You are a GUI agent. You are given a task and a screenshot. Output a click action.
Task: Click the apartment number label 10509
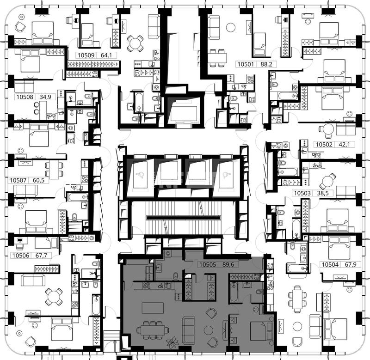(86, 55)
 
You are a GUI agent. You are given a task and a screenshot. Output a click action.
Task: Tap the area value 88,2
(266, 64)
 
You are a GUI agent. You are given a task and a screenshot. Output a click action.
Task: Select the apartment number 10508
(25, 97)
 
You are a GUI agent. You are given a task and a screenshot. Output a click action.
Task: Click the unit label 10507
(18, 180)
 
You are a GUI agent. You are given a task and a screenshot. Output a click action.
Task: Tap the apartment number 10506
(21, 256)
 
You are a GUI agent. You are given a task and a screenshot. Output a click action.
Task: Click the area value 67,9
(351, 264)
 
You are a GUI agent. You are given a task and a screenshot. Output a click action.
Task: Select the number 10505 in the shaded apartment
(208, 264)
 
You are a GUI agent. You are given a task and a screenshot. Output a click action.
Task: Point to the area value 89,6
(228, 264)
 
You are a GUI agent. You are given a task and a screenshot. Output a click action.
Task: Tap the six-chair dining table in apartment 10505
(153, 329)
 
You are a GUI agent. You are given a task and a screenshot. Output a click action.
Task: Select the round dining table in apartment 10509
(135, 43)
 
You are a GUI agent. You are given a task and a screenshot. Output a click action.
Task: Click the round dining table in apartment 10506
(54, 297)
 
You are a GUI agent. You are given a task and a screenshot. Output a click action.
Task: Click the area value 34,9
(45, 97)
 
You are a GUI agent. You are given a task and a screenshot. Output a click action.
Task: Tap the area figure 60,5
(39, 180)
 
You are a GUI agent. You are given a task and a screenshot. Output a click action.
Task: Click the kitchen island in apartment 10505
(153, 308)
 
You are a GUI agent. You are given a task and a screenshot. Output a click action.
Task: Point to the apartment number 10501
(246, 64)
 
